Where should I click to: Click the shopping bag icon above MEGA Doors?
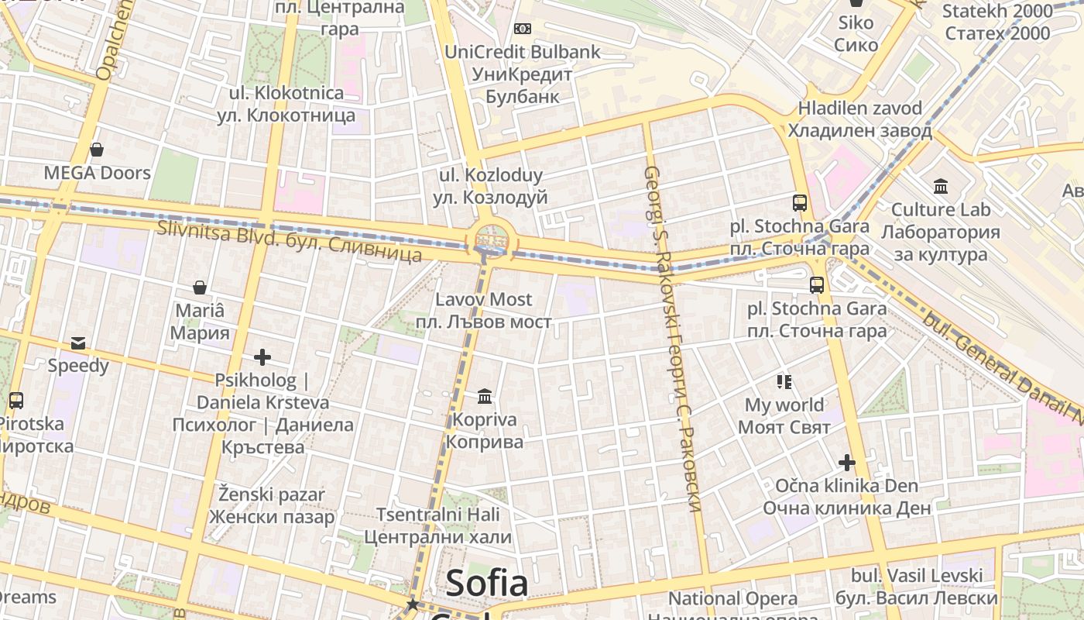[x=97, y=149]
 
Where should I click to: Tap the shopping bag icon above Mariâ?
[x=200, y=288]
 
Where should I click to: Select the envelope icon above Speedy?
[x=78, y=343]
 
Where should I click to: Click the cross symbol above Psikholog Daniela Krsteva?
[x=262, y=357]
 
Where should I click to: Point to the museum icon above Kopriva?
[x=485, y=397]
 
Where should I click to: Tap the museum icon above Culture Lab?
[x=941, y=186]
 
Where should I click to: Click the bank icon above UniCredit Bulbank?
[x=523, y=29]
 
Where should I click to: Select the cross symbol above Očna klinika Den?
[x=846, y=463]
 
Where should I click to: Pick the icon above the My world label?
[x=784, y=381]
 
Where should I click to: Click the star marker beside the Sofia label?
[x=413, y=604]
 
